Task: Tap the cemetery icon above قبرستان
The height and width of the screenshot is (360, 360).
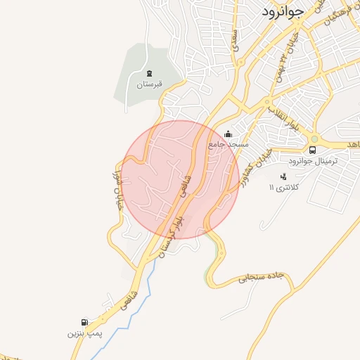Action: pyautogui.click(x=148, y=73)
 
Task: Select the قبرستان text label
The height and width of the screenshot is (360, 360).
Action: pyautogui.click(x=149, y=84)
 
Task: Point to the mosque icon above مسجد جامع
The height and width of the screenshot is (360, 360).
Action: pyautogui.click(x=227, y=134)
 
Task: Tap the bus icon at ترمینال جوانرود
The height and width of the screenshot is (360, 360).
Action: pyautogui.click(x=313, y=150)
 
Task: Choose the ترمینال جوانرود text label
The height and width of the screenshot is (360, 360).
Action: pyautogui.click(x=314, y=161)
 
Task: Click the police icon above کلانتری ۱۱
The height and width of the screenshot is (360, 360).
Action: pyautogui.click(x=283, y=176)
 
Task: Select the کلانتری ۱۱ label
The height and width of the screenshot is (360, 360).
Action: pyautogui.click(x=285, y=188)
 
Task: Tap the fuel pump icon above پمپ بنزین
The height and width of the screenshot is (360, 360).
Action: pyautogui.click(x=85, y=322)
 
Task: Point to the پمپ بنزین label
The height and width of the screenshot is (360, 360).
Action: pyautogui.click(x=80, y=333)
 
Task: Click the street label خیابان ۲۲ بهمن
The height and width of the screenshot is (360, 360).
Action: pyautogui.click(x=289, y=50)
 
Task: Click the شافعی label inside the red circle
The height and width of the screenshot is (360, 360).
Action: pyautogui.click(x=186, y=184)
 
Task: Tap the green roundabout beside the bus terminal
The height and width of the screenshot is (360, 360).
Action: pyautogui.click(x=314, y=139)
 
